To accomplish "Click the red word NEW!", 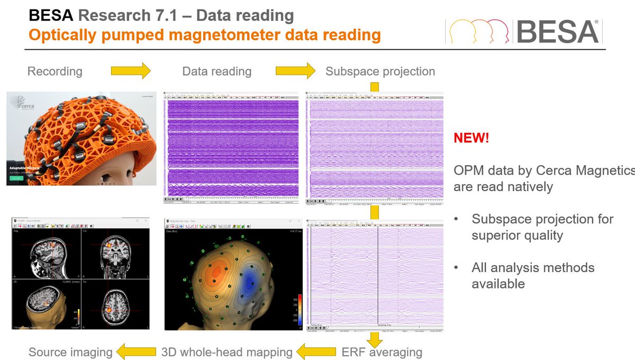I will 471,139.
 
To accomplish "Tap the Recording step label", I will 55,71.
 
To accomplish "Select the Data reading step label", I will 217,71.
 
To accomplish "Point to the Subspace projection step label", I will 380,71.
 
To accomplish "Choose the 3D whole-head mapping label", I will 226,352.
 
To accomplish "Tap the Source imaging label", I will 70,352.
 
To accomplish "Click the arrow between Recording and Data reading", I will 131,71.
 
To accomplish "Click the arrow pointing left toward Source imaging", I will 136,351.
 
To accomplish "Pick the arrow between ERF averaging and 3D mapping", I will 316,351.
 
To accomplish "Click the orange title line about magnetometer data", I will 204,35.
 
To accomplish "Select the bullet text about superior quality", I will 542,227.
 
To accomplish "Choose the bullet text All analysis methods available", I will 533,275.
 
